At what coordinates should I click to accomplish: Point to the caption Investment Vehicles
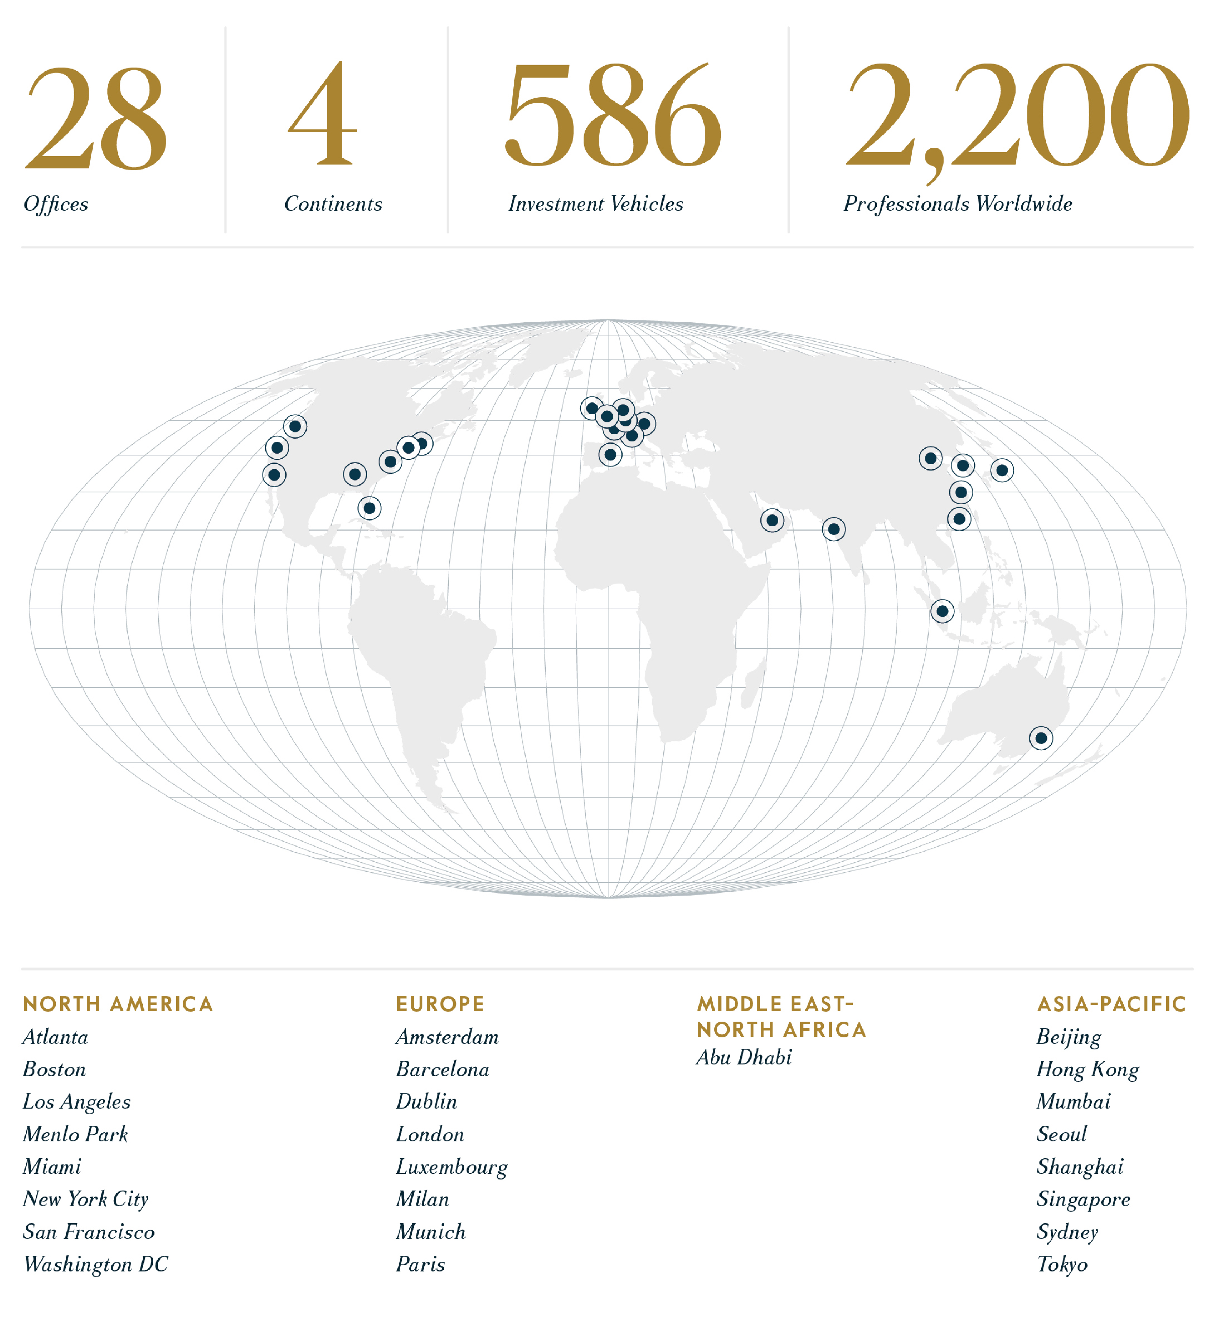(x=596, y=204)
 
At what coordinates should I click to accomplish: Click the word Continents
(x=333, y=204)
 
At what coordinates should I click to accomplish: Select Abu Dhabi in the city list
(x=743, y=1057)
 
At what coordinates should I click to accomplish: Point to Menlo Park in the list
(x=75, y=1134)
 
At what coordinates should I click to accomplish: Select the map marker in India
(x=834, y=529)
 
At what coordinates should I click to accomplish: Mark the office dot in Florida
(x=370, y=508)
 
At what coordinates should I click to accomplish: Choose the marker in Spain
(x=610, y=454)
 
